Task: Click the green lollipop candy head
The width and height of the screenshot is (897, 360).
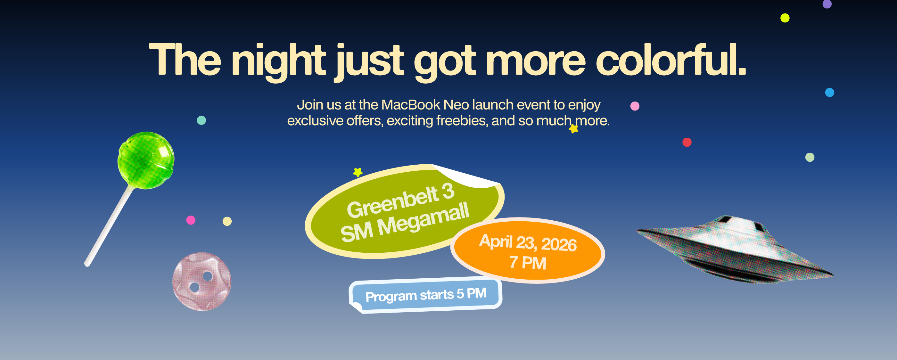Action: click(146, 160)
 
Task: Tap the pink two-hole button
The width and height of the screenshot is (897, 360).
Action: click(202, 282)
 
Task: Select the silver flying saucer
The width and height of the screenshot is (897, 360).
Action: click(735, 249)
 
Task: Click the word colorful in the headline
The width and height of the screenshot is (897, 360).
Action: click(671, 60)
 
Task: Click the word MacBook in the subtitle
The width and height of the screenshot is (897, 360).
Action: click(411, 104)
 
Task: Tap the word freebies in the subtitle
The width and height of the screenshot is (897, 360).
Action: click(462, 120)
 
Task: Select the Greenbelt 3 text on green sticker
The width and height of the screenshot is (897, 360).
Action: click(400, 200)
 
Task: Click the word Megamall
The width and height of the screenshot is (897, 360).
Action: click(424, 220)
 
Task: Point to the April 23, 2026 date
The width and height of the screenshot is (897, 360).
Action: click(528, 243)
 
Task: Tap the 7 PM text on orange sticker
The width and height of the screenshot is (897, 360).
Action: click(528, 263)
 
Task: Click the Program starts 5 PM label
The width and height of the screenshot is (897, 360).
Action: click(426, 295)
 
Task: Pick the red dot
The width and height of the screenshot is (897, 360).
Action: click(687, 142)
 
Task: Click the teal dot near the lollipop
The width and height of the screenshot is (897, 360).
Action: click(201, 120)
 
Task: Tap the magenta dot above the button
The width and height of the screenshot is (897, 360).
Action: click(191, 220)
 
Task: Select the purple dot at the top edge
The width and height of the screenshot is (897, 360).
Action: click(827, 4)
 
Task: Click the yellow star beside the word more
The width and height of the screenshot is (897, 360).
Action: click(573, 129)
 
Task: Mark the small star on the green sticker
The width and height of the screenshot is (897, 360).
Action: click(358, 172)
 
